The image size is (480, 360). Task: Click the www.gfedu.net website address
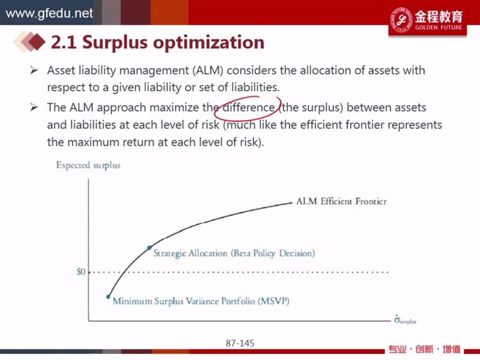(49, 13)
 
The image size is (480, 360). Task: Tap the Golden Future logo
(428, 19)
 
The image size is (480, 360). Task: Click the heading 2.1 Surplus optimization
(158, 42)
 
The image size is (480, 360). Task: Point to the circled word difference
(248, 107)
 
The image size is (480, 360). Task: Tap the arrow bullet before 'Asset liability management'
(34, 70)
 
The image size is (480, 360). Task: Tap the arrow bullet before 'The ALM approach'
(34, 107)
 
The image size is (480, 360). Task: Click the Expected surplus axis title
(88, 166)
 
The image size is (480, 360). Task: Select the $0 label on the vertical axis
(81, 272)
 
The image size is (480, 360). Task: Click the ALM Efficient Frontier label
(341, 201)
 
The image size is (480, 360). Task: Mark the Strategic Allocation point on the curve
(149, 248)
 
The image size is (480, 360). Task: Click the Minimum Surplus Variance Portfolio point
(108, 296)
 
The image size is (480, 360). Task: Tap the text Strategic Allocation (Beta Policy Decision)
(234, 253)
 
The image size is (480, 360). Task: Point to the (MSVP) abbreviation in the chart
(274, 301)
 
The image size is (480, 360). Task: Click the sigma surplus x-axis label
(405, 320)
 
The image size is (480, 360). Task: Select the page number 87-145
(240, 343)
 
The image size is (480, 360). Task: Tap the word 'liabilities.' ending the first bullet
(256, 88)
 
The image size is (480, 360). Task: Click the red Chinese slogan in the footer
(424, 349)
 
